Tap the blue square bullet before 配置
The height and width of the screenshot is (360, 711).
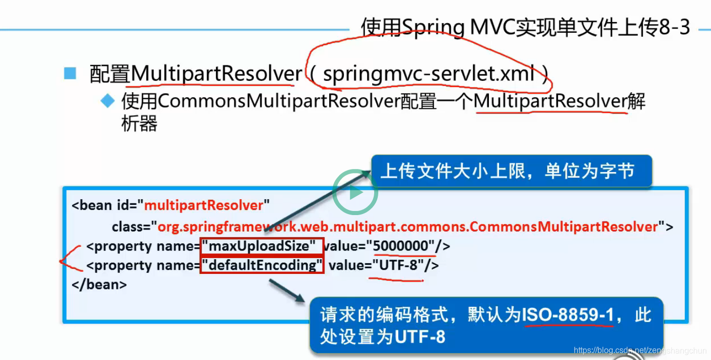pyautogui.click(x=70, y=73)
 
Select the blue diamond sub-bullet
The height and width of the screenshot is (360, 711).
pyautogui.click(x=107, y=101)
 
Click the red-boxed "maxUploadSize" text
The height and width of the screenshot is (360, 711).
pyautogui.click(x=262, y=247)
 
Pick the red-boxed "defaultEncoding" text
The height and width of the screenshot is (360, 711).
pyautogui.click(x=262, y=265)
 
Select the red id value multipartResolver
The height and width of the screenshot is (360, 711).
pyautogui.click(x=204, y=205)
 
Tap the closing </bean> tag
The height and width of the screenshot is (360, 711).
pyautogui.click(x=99, y=284)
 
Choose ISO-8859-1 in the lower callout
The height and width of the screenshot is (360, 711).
pyautogui.click(x=568, y=315)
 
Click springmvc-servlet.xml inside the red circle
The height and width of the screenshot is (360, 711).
pyautogui.click(x=429, y=74)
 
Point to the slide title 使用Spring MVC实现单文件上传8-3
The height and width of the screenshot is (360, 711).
pyautogui.click(x=525, y=27)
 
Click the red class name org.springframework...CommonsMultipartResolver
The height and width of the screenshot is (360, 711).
pyautogui.click(x=407, y=226)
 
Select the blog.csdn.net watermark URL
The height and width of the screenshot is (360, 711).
pyautogui.click(x=640, y=351)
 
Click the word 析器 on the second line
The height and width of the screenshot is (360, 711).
pyautogui.click(x=139, y=123)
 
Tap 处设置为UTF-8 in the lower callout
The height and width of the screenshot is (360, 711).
pyautogui.click(x=382, y=336)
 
